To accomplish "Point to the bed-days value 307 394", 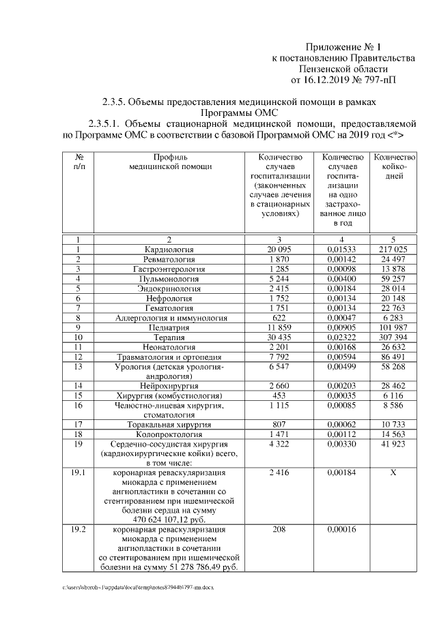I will point(393,337).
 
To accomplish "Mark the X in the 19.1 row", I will point(393,472).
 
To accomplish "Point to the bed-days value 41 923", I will point(393,444).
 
